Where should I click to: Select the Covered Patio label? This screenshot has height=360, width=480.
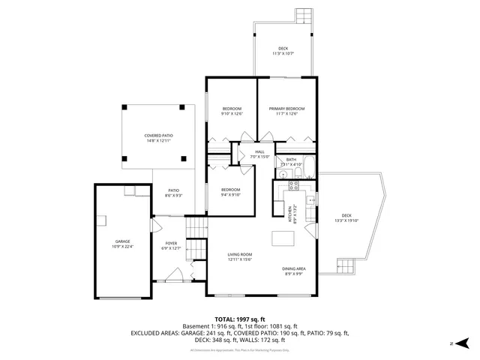click(x=158, y=136)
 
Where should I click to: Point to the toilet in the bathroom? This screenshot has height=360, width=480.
click(x=297, y=175)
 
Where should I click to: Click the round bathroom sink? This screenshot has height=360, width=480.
click(x=283, y=175)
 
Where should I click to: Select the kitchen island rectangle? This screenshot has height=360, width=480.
click(x=283, y=238)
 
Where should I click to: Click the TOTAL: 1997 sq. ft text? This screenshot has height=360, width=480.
click(x=240, y=319)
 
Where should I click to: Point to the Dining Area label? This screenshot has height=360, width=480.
click(x=293, y=268)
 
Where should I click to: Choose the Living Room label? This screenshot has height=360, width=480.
click(x=240, y=255)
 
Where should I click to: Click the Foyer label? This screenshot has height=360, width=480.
click(x=172, y=244)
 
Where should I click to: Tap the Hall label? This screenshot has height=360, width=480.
click(x=259, y=152)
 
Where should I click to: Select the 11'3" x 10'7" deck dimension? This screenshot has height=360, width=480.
click(x=283, y=53)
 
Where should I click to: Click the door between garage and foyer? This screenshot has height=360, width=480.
click(x=154, y=226)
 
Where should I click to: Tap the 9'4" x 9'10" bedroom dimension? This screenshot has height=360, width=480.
click(x=230, y=194)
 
